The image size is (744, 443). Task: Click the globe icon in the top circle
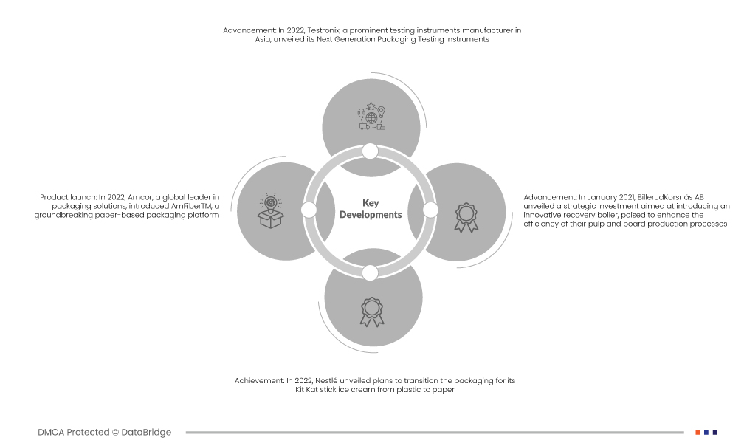[x=371, y=117]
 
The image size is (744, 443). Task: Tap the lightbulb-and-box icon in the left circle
[x=270, y=211]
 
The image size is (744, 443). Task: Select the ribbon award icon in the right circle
[x=466, y=218]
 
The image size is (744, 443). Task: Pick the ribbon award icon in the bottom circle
[x=371, y=312]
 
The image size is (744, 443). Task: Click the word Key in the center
[x=371, y=203]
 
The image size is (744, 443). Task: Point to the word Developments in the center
[x=371, y=215]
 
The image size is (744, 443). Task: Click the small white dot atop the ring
[x=370, y=151]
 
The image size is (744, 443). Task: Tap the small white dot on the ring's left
[x=309, y=210]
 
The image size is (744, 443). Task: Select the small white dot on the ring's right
[x=430, y=210]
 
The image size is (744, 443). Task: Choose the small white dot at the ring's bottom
[x=370, y=273]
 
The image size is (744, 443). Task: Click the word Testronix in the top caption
[x=323, y=30]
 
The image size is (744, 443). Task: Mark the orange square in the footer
[x=697, y=433]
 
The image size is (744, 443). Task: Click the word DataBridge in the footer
[x=146, y=432]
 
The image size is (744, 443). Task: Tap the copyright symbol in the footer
[x=115, y=433]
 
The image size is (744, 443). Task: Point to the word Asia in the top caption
[x=263, y=39]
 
